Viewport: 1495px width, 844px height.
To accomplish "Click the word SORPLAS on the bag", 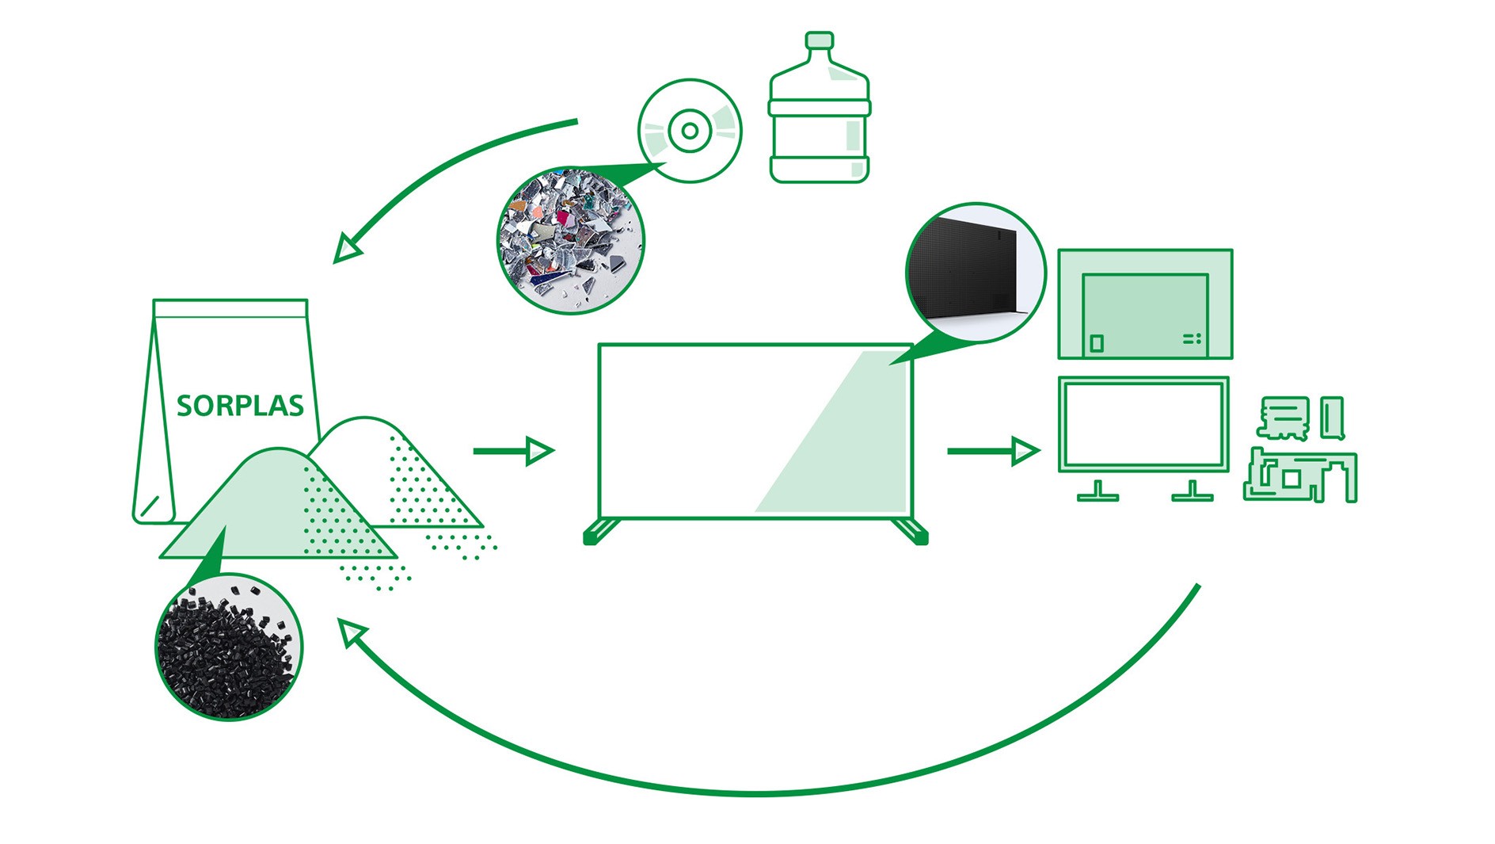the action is click(x=240, y=406).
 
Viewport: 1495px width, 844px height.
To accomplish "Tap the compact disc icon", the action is click(x=690, y=131).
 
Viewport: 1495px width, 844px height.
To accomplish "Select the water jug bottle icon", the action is click(x=820, y=108).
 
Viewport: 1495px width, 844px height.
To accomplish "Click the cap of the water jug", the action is click(x=820, y=40).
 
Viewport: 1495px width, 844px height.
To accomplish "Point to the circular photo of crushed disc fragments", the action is click(x=571, y=240).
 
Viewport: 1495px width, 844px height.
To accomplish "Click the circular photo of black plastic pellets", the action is click(x=229, y=647).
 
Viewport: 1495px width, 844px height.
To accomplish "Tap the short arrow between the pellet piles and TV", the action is click(x=514, y=451).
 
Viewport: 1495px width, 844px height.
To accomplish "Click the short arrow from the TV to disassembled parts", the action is click(x=994, y=451).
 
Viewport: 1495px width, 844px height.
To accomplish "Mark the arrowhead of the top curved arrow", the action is click(x=346, y=249).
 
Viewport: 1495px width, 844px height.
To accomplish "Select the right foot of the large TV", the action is click(x=910, y=531).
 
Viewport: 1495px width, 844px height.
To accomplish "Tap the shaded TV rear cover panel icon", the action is click(x=1145, y=304).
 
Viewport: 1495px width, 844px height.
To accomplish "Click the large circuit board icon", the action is click(x=1300, y=475).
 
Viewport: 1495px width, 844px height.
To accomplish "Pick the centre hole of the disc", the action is click(x=690, y=131).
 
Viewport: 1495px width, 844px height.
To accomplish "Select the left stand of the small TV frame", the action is click(x=1097, y=492).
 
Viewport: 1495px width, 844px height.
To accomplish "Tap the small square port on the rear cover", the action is click(x=1097, y=343).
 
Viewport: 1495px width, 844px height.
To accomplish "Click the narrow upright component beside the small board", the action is click(x=1333, y=418).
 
